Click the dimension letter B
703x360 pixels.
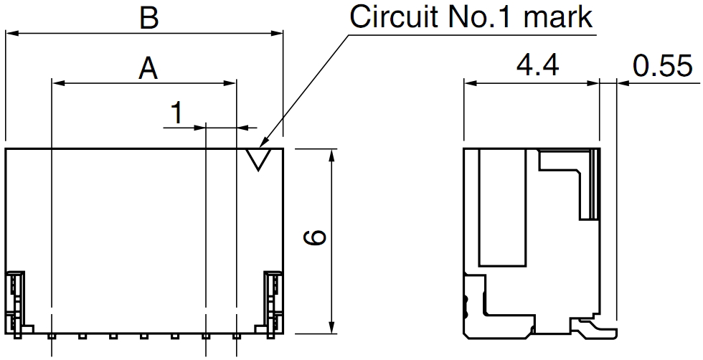pyautogui.click(x=148, y=18)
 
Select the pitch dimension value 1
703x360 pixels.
pyautogui.click(x=176, y=113)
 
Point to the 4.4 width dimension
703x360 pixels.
pyautogui.click(x=537, y=67)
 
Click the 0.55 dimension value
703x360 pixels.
pyautogui.click(x=663, y=67)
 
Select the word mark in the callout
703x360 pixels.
pyautogui.click(x=560, y=16)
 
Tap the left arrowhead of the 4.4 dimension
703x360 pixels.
pyautogui.click(x=470, y=83)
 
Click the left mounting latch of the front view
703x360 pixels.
pyautogui.click(x=16, y=301)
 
